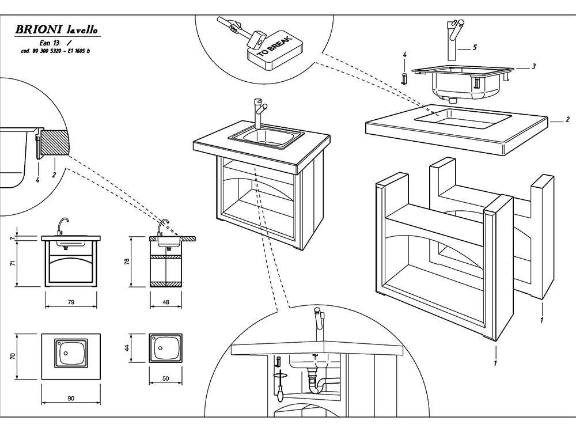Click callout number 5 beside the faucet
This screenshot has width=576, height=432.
tap(475, 47)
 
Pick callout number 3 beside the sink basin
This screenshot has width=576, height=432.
tap(534, 66)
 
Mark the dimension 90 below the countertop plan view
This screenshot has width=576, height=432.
tap(71, 398)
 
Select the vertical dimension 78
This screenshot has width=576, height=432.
tap(127, 261)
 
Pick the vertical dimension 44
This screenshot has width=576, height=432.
tap(127, 348)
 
